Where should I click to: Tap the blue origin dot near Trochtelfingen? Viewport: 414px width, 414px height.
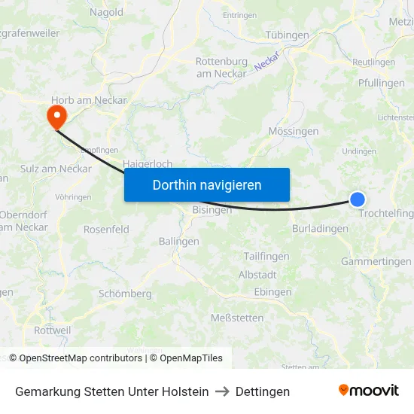pyautogui.click(x=358, y=199)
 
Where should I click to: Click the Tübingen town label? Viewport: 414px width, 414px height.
pyautogui.click(x=288, y=35)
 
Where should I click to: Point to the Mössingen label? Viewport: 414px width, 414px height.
pyautogui.click(x=294, y=131)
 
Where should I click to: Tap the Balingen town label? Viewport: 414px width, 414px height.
pyautogui.click(x=179, y=242)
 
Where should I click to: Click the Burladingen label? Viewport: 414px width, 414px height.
pyautogui.click(x=320, y=228)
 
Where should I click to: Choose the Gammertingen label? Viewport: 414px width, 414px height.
pyautogui.click(x=376, y=261)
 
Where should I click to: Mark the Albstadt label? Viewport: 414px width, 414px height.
pyautogui.click(x=257, y=275)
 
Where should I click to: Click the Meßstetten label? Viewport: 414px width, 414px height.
pyautogui.click(x=237, y=318)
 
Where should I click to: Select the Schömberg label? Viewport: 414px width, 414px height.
pyautogui.click(x=125, y=294)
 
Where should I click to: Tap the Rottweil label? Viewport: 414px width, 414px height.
pyautogui.click(x=53, y=330)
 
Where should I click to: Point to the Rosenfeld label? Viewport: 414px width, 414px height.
pyautogui.click(x=106, y=230)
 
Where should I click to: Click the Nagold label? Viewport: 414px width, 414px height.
pyautogui.click(x=106, y=12)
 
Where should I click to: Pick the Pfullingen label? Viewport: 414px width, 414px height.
pyautogui.click(x=382, y=84)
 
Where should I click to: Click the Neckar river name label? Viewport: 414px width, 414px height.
pyautogui.click(x=267, y=61)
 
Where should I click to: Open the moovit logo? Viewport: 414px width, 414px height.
pyautogui.click(x=369, y=391)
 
